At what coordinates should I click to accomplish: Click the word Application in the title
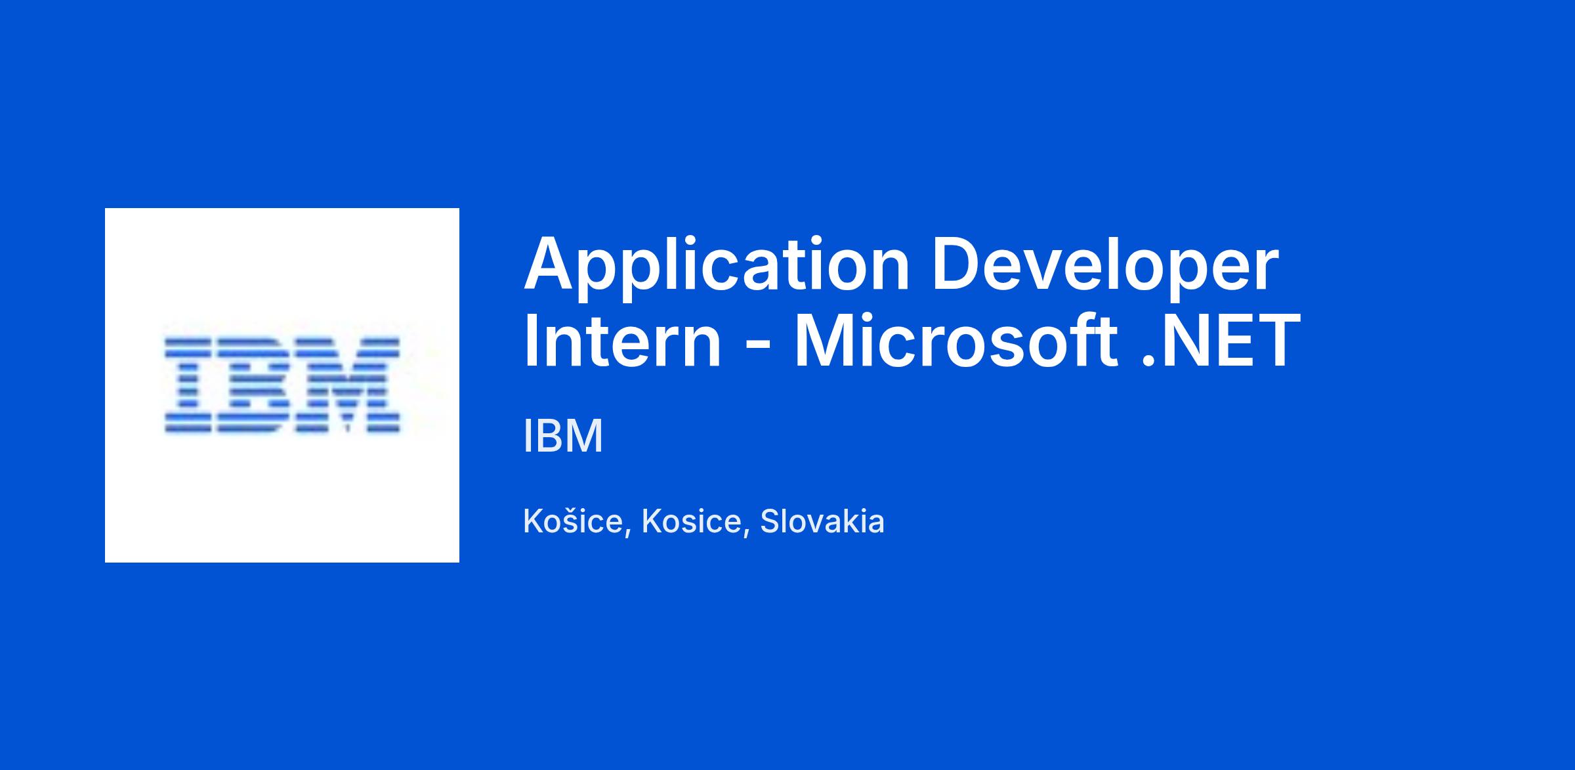click(716, 267)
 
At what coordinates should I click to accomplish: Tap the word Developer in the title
click(1105, 267)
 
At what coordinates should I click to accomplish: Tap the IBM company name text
click(563, 436)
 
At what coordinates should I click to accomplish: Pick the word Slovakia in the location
click(822, 522)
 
